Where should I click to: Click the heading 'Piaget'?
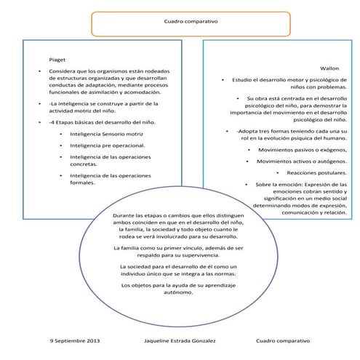tap(57, 57)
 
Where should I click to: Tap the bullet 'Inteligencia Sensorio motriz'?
tap(106, 135)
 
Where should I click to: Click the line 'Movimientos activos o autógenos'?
tap(301, 161)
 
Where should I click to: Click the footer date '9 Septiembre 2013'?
tap(75, 340)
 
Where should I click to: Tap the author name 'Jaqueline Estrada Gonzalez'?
tap(180, 340)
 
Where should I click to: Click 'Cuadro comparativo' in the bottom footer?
tap(283, 340)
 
